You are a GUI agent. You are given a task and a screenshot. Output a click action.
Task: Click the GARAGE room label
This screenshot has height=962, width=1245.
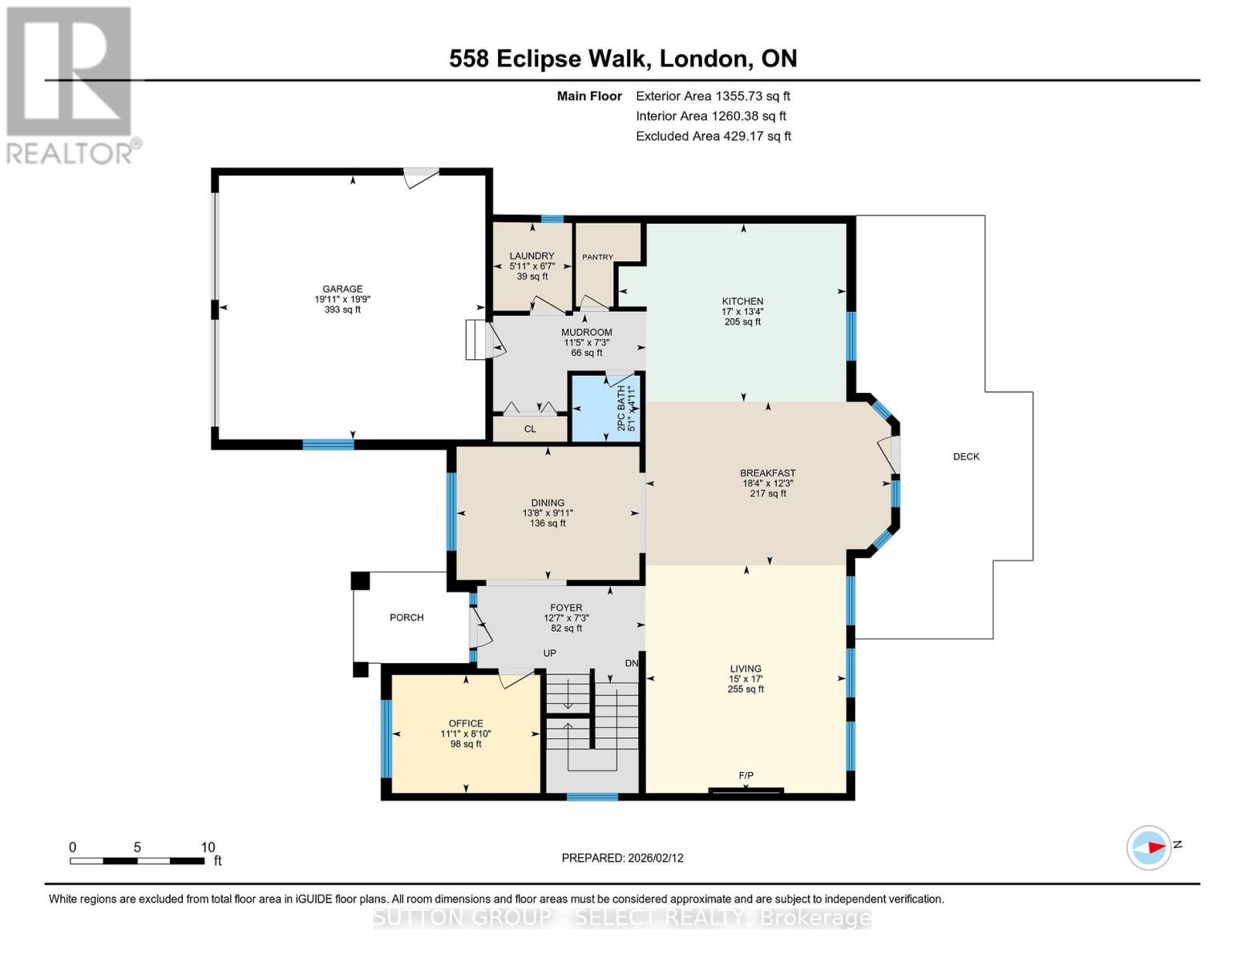(342, 289)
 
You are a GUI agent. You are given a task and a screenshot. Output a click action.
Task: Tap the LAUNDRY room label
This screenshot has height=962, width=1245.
(532, 257)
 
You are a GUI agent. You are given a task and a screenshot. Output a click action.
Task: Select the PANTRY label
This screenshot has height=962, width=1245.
(597, 257)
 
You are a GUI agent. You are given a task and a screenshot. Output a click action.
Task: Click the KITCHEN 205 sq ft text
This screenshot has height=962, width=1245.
(742, 321)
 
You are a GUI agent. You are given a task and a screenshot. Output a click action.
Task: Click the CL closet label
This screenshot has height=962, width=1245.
(530, 429)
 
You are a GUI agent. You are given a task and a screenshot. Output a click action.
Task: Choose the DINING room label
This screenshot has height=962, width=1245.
(548, 503)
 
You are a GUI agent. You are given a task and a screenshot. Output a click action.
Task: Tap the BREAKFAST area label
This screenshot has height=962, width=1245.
(768, 474)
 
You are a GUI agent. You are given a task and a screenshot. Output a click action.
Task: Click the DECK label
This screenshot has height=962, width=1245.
(966, 457)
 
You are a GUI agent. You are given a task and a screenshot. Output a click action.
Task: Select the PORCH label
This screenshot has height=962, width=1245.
(406, 618)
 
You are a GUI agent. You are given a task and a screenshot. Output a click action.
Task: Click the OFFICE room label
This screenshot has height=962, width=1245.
(466, 724)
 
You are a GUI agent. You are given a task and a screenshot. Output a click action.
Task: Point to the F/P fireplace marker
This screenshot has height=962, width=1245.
(746, 775)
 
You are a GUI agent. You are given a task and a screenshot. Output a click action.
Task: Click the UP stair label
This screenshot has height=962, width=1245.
(550, 653)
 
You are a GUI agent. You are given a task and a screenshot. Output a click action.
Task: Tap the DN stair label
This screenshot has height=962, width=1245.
(632, 664)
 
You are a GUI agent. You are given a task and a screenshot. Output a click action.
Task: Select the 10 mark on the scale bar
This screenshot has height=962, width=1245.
(208, 847)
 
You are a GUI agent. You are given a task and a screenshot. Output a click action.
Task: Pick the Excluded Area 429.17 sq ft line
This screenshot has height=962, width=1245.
(713, 136)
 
